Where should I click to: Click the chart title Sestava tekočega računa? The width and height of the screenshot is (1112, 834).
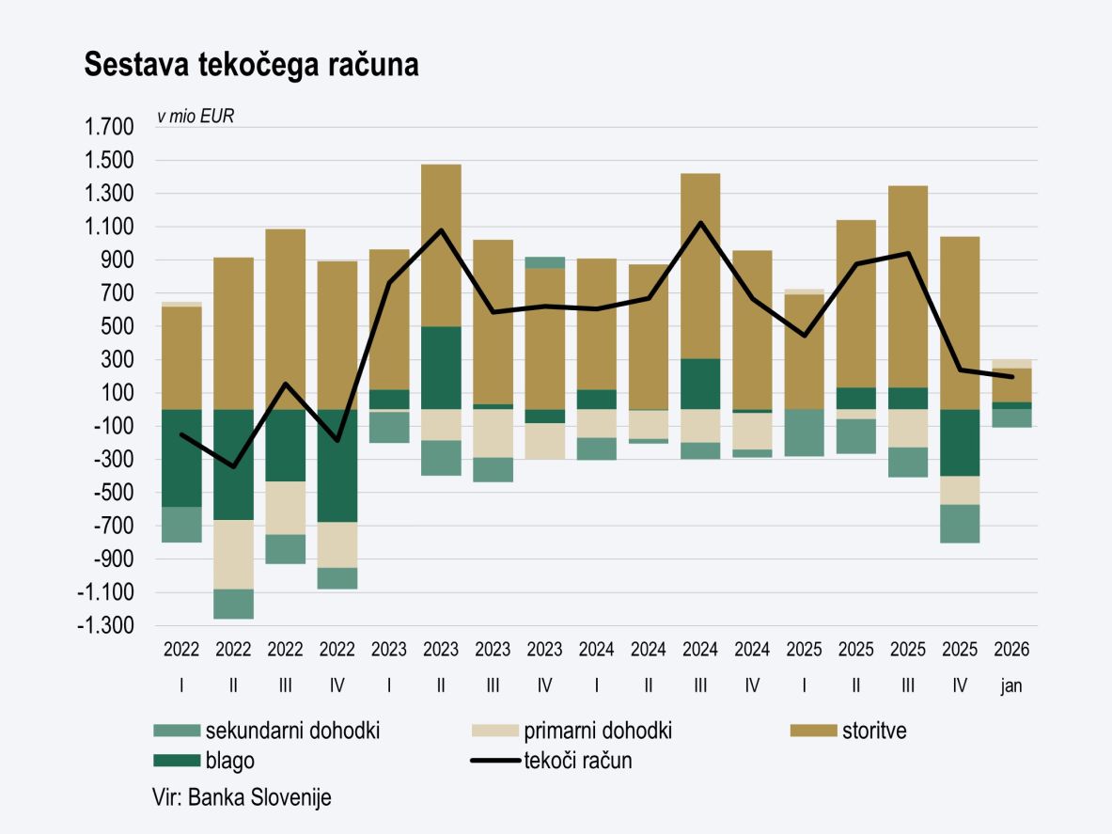pyautogui.click(x=251, y=65)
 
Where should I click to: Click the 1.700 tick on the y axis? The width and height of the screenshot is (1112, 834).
pyautogui.click(x=109, y=128)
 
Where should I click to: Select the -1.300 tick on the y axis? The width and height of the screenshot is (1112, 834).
pyautogui.click(x=106, y=626)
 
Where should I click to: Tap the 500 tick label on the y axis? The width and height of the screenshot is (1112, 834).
pyautogui.click(x=120, y=327)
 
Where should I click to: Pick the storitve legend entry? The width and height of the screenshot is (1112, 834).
pyautogui.click(x=874, y=731)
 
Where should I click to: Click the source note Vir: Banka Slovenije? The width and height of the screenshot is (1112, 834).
pyautogui.click(x=242, y=797)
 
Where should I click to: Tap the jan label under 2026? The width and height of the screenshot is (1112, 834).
pyautogui.click(x=1011, y=686)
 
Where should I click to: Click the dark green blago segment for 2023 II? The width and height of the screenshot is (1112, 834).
pyautogui.click(x=441, y=368)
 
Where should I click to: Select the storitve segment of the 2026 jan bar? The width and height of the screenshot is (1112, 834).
pyautogui.click(x=1011, y=385)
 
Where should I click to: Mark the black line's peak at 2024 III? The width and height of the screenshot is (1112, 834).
pyautogui.click(x=700, y=223)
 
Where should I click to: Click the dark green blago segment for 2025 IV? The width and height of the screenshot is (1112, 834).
pyautogui.click(x=960, y=442)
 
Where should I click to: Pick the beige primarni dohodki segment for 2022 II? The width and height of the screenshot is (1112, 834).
pyautogui.click(x=233, y=555)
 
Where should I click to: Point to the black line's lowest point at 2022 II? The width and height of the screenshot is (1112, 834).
pyautogui.click(x=233, y=466)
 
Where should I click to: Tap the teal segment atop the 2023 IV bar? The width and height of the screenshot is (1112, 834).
pyautogui.click(x=545, y=262)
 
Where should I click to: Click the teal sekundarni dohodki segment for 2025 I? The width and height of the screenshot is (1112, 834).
pyautogui.click(x=804, y=433)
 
